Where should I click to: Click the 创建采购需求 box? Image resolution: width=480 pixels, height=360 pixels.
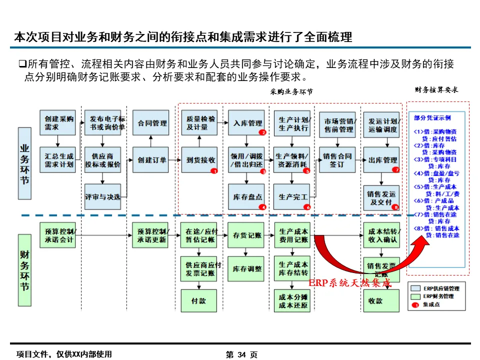pos(58,123)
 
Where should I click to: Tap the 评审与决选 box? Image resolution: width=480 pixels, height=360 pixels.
pos(102,196)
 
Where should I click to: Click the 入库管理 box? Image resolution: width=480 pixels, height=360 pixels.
pos(247,123)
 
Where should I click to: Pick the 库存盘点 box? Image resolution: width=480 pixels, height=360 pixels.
pos(247,196)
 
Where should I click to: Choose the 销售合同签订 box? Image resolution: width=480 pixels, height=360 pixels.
pos(337,160)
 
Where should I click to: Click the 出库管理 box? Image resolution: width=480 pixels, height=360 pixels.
pos(382,160)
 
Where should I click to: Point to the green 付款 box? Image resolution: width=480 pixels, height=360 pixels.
pos(198,301)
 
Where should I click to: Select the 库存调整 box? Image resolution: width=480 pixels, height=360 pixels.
pos(247,268)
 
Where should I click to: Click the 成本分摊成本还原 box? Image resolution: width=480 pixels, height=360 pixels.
pos(293,301)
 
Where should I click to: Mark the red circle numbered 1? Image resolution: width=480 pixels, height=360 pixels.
pos(213,170)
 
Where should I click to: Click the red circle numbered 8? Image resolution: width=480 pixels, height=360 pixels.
pos(395,206)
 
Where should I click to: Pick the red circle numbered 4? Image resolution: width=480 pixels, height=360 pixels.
pos(261,206)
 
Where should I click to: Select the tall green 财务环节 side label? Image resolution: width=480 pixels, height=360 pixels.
pos(25,270)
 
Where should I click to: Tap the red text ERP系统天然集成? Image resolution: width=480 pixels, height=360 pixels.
pos(349,283)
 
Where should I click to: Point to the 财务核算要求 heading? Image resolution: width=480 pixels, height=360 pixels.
pos(436,90)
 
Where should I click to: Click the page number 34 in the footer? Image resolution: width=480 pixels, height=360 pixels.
pos(241,354)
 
